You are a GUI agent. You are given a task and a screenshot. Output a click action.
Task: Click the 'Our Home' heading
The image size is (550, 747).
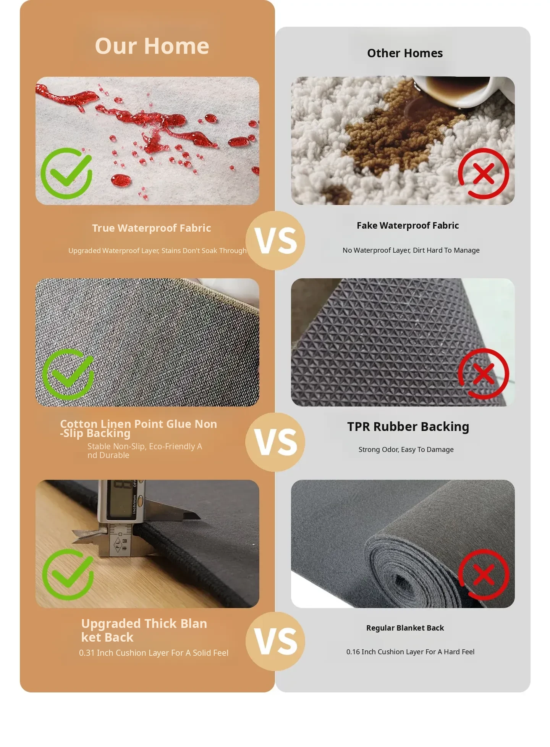(152, 46)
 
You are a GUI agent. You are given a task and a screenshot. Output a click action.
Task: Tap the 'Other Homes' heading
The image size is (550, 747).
(405, 53)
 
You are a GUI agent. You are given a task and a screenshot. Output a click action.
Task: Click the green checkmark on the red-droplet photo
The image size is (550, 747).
(66, 173)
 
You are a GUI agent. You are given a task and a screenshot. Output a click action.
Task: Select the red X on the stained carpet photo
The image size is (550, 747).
(484, 174)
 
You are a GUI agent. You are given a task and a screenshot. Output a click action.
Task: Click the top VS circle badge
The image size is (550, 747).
(275, 240)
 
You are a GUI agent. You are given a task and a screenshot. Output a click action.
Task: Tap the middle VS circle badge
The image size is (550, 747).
(275, 442)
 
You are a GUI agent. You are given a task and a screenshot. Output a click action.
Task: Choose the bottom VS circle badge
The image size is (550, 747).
(275, 641)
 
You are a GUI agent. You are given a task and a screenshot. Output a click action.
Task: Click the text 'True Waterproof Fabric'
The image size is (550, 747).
(152, 228)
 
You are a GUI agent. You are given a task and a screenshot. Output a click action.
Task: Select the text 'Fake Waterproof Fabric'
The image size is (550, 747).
(408, 226)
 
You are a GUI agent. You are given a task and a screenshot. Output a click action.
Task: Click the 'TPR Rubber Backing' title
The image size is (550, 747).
(408, 427)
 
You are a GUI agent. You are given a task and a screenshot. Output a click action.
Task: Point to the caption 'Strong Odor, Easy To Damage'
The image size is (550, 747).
(406, 450)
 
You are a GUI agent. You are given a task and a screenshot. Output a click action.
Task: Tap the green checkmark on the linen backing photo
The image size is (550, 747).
(68, 374)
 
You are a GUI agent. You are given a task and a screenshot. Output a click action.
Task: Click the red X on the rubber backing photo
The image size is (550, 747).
(484, 374)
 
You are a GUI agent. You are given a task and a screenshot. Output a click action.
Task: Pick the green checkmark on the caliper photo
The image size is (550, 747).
(68, 574)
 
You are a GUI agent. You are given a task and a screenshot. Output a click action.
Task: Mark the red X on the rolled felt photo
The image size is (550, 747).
(484, 574)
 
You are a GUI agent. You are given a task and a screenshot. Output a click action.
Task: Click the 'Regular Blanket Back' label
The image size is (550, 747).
(405, 628)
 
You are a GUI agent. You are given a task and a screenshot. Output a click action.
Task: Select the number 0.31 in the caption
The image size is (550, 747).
(87, 653)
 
